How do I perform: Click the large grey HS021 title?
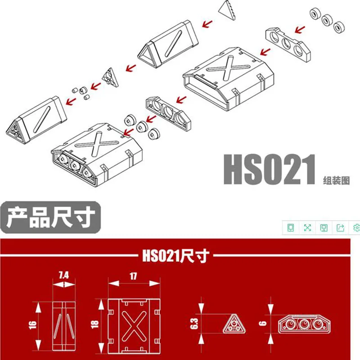270,170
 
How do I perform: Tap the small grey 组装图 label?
336,180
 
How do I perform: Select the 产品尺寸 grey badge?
50,217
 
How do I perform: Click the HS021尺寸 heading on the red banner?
175,256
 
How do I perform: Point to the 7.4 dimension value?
63,275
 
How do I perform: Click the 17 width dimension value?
133,276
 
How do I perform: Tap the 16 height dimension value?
33,325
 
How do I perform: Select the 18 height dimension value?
95,324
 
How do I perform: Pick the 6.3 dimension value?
194,324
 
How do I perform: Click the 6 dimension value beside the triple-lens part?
263,323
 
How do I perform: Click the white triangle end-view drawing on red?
234,324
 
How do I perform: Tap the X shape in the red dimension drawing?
134,326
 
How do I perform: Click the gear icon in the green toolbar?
356,228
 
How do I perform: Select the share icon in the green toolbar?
340,228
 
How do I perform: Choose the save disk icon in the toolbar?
324,228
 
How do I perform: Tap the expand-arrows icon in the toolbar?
307,228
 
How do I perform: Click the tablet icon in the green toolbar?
291,228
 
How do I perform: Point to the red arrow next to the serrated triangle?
207,24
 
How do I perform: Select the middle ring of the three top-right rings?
327,21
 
